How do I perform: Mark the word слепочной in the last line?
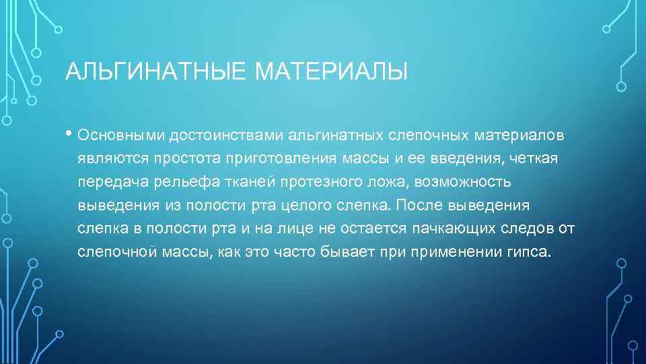click(x=118, y=252)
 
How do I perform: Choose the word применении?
click(x=453, y=252)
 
